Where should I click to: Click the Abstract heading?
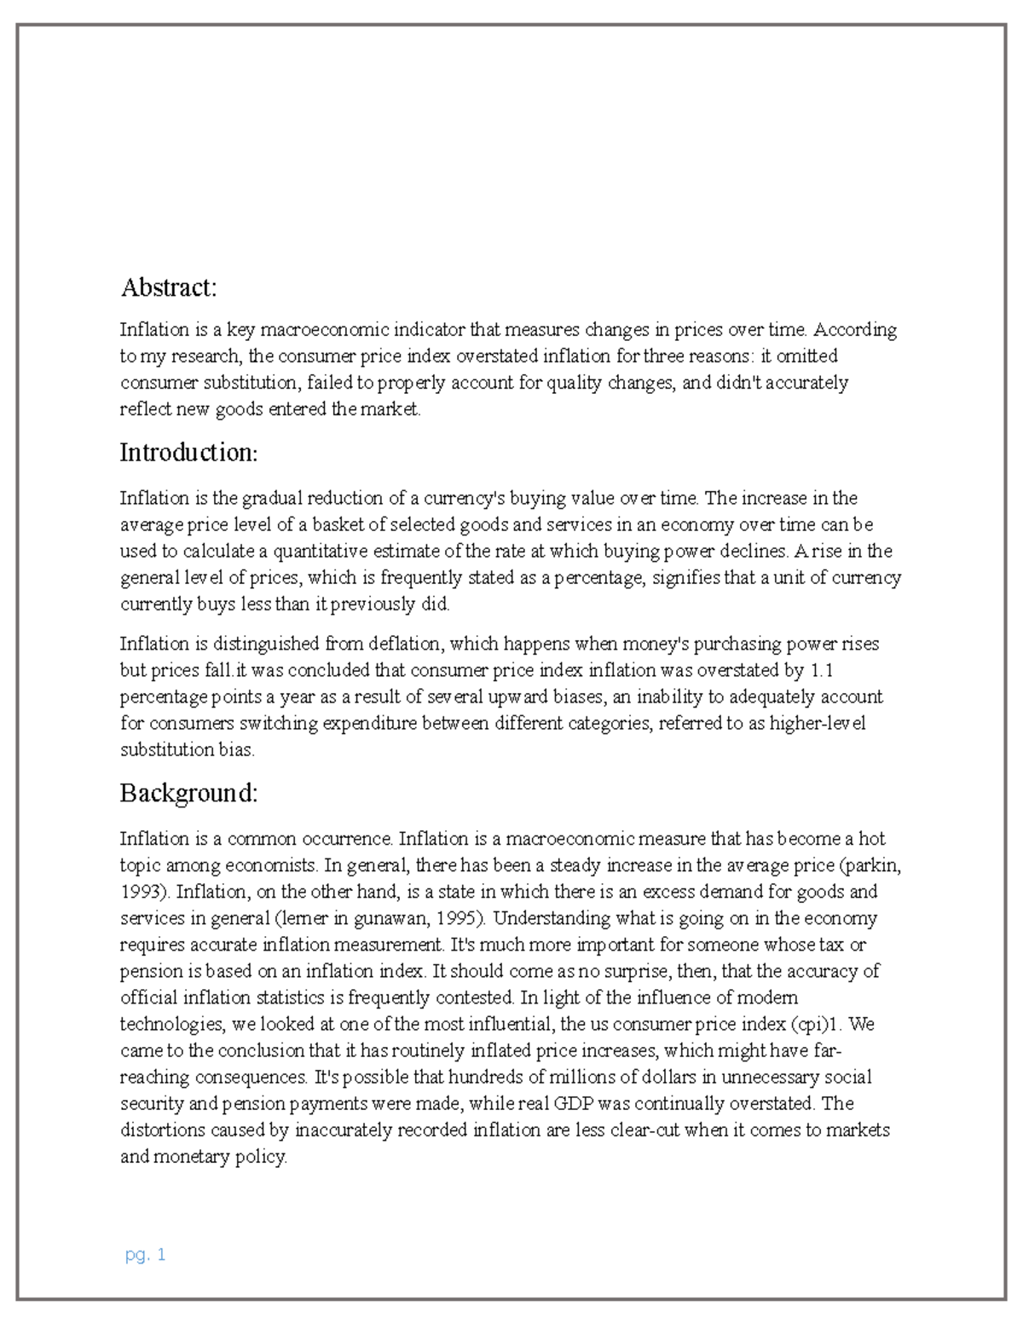(169, 287)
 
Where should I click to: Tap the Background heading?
(188, 793)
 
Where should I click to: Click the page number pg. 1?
(145, 1255)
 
